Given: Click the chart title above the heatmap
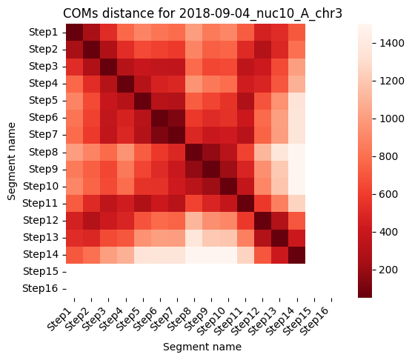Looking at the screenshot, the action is pos(202,13).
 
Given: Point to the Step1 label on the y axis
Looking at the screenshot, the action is pos(44,32).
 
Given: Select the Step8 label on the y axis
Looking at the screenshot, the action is pos(44,152).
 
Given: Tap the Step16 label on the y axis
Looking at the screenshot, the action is pos(40,288).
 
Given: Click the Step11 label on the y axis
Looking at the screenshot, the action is pos(40,203).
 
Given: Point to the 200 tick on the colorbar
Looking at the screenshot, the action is pos(388,270).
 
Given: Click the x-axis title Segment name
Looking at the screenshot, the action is pos(202,347).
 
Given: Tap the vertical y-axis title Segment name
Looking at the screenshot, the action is pos(12,161).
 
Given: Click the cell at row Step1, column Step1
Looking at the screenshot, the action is pos(74,33).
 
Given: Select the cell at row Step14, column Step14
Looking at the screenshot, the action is pos(296,255).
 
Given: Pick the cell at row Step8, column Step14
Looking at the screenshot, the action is pos(296,152).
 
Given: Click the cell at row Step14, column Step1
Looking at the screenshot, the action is pos(74,255).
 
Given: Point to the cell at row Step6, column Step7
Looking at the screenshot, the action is pos(177,118).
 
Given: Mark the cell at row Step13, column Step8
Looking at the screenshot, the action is pos(194,238).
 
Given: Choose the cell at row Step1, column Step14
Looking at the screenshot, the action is pos(296,33).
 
